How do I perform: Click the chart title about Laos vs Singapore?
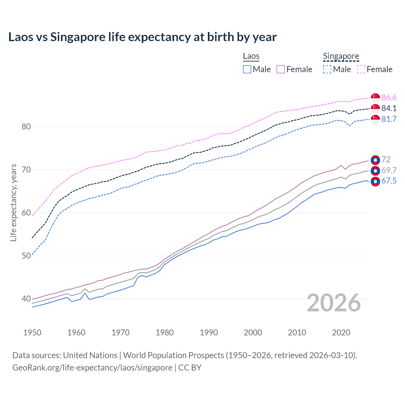coord(142,37)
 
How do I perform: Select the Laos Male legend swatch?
coord(247,69)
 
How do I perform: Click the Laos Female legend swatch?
coord(281,69)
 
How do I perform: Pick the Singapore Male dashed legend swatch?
coord(327,69)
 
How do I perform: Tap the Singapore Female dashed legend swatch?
coord(361,69)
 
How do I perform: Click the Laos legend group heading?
coord(251,56)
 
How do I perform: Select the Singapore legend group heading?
coord(341,56)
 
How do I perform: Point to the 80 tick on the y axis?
coord(26,127)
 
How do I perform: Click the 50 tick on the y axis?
coord(26,256)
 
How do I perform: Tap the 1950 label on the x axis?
coord(32,333)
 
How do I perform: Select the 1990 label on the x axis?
coord(209,333)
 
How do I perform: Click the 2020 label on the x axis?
coord(341,333)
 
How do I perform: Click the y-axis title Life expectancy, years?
coord(14,202)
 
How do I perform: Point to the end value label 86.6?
coord(389,97)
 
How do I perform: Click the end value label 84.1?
coord(389,108)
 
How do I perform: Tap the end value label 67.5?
coord(389,181)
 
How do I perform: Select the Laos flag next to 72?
coord(375,160)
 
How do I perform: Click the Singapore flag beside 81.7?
coord(375,119)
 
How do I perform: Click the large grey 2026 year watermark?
coord(334,303)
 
